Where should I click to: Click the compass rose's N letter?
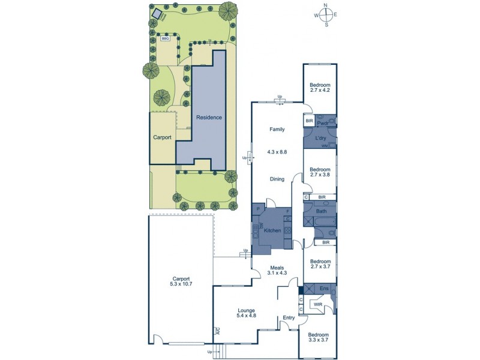pos(326,5)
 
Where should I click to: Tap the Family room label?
pos(277,129)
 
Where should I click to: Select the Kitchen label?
pos(272,230)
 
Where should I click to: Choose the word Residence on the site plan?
pos(208,118)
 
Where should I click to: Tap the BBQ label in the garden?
pos(165,38)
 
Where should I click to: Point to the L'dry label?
pos(320,139)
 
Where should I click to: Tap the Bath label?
pos(322,211)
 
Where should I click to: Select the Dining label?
pos(277,179)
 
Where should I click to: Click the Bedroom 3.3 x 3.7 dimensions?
pos(318,340)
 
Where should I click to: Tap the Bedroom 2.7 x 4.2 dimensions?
pos(320,91)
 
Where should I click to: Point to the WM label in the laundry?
pos(325,146)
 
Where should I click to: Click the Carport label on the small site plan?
pos(162,137)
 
